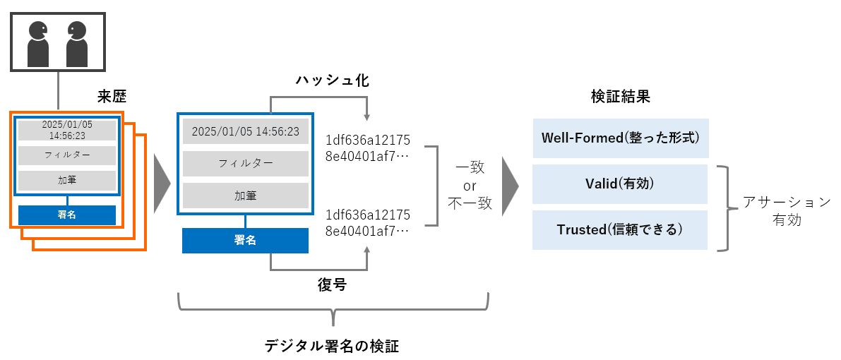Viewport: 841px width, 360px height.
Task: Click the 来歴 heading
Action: pos(112,95)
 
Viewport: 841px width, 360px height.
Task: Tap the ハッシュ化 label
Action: pos(332,80)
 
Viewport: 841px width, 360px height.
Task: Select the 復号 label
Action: pos(332,285)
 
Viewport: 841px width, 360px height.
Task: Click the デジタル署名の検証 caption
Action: pos(332,346)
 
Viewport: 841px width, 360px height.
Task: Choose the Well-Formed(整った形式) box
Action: pos(620,138)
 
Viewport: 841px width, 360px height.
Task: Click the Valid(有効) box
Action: pos(620,184)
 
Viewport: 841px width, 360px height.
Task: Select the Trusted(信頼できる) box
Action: pos(620,229)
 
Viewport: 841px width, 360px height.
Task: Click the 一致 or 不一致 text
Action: pos(470,186)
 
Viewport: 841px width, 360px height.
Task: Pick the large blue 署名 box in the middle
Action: pos(245,240)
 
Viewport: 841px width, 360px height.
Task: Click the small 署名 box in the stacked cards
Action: pos(67,215)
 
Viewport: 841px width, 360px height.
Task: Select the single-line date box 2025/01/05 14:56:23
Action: pos(245,131)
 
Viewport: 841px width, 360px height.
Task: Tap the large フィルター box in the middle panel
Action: pos(245,163)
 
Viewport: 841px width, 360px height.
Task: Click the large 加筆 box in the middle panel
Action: pos(245,196)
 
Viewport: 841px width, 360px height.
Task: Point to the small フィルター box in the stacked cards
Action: pos(67,155)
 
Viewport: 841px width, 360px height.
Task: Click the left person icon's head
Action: pos(36,30)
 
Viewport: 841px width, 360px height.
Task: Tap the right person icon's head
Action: pos(76,30)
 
